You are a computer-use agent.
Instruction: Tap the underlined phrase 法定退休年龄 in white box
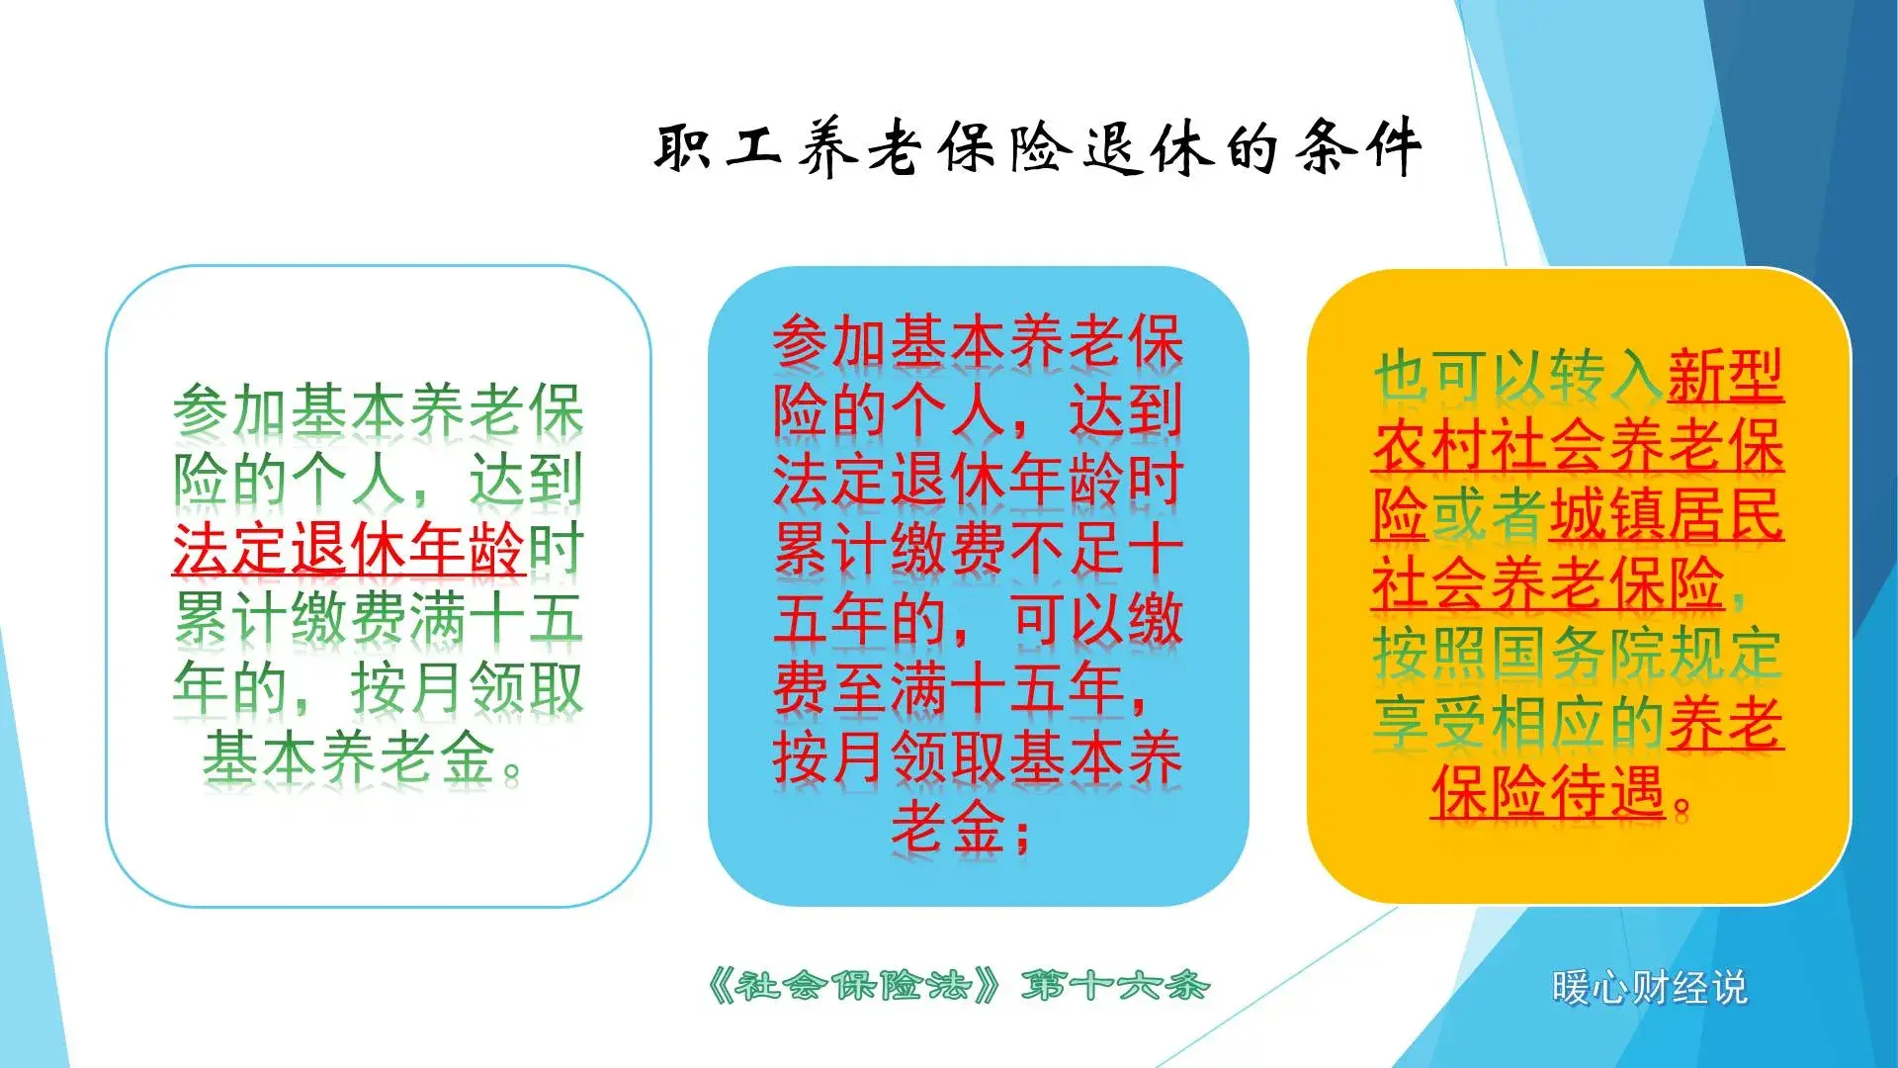click(348, 550)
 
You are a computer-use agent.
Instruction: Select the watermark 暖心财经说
click(1648, 987)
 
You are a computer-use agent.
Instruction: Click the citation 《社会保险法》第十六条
click(957, 985)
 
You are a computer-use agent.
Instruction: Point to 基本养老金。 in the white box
click(362, 758)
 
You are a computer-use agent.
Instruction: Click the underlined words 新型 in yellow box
click(1725, 376)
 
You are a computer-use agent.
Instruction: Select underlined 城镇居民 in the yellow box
click(1666, 514)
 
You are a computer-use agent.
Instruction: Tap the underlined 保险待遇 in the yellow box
click(1548, 791)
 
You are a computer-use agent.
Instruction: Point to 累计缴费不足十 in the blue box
click(978, 550)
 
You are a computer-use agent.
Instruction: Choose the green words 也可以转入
click(1517, 376)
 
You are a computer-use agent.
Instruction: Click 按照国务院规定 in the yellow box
click(1577, 654)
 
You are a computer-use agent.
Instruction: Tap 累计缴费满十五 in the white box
click(378, 619)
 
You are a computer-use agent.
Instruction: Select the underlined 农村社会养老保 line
click(1577, 445)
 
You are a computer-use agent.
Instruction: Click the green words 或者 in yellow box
click(1488, 514)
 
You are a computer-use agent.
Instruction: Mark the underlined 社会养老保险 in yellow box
click(1548, 583)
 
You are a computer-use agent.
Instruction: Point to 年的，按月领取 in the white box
click(378, 688)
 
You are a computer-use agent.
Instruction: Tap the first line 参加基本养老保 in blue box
click(978, 342)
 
